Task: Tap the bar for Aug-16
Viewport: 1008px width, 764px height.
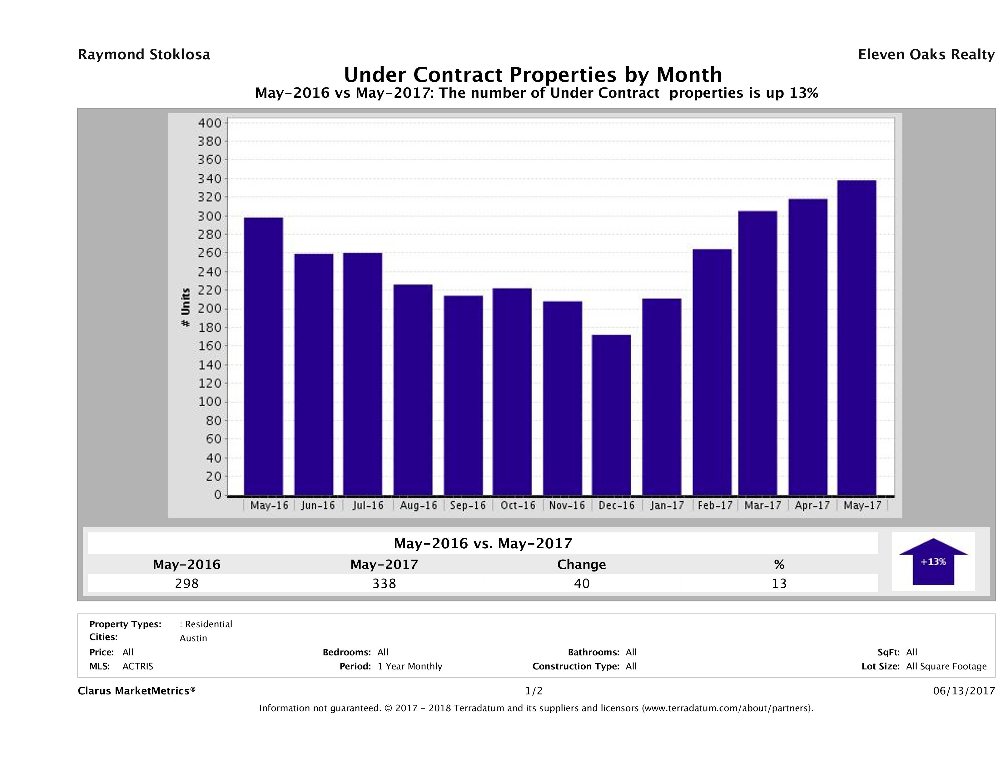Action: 413,390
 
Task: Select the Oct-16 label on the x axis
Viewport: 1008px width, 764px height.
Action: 518,505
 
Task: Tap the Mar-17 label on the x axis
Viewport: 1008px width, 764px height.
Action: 762,505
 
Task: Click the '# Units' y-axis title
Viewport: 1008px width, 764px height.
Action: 186,307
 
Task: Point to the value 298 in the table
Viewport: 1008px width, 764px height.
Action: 187,583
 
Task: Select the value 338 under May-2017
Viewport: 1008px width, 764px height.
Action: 384,583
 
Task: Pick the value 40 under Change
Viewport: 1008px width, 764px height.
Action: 582,583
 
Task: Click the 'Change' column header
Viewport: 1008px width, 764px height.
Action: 582,565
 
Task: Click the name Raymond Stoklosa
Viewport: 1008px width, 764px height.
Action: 144,55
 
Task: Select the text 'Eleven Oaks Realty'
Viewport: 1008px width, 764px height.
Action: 926,55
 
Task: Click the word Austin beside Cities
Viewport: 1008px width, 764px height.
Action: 193,638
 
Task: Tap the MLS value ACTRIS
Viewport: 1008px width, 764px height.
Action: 138,666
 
